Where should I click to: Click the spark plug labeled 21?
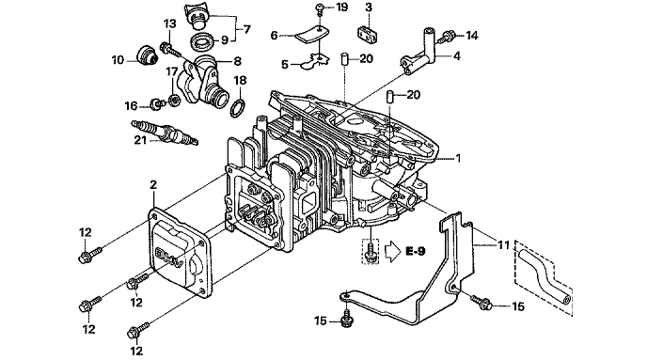165,132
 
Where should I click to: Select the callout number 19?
341,8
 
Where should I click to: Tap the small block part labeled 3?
367,34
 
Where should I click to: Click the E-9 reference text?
415,252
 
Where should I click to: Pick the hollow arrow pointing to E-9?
393,252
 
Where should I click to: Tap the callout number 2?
153,184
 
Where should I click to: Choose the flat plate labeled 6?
311,34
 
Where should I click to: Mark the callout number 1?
457,159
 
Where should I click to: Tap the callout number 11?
503,244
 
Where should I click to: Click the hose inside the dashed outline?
545,276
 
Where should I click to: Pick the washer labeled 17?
174,101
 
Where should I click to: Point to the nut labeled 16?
157,103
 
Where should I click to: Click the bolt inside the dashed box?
371,252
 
